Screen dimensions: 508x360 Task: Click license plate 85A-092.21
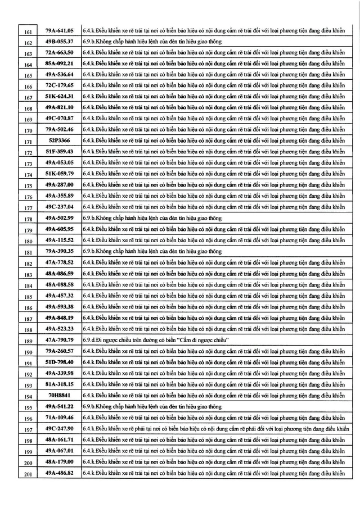click(59, 63)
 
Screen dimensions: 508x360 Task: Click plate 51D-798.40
click(59, 362)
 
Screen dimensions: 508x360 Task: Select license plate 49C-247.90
click(59, 428)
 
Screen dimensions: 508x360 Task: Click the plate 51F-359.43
click(59, 152)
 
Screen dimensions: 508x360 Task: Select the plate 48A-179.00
click(59, 461)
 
